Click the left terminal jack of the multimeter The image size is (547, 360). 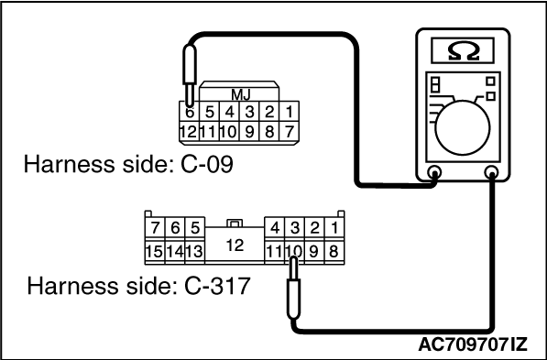[434, 172]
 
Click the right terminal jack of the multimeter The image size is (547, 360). [493, 172]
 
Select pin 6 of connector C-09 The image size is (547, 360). [189, 112]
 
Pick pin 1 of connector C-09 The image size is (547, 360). [290, 112]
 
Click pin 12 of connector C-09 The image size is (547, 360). [189, 131]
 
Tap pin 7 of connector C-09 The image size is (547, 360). [290, 131]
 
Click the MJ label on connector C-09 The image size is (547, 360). [240, 93]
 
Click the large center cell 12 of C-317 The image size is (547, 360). [235, 244]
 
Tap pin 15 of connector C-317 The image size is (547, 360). [154, 248]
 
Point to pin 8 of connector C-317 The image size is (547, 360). [334, 248]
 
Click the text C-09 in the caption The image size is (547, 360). [202, 167]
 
